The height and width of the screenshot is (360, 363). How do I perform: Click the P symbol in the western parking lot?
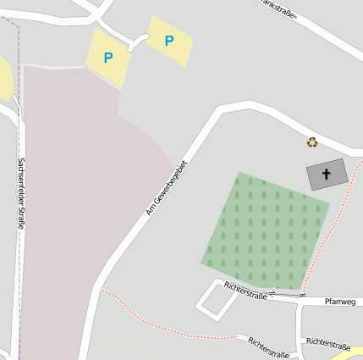[107, 58]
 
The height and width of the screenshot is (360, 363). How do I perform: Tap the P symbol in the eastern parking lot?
[169, 40]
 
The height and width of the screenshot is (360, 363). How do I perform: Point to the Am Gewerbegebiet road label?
[166, 187]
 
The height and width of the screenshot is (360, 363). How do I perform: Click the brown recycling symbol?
[312, 142]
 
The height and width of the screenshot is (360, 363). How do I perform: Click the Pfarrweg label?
[340, 301]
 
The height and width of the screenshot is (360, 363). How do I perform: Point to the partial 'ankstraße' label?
[279, 8]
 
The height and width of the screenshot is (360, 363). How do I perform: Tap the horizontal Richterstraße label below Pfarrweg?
[328, 344]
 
